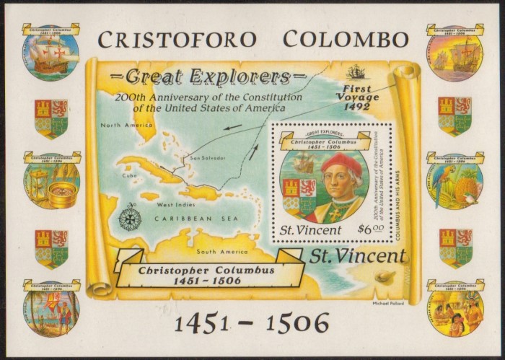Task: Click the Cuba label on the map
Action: pos(129,175)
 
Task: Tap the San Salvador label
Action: pos(208,157)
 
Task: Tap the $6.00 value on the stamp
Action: pos(372,229)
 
